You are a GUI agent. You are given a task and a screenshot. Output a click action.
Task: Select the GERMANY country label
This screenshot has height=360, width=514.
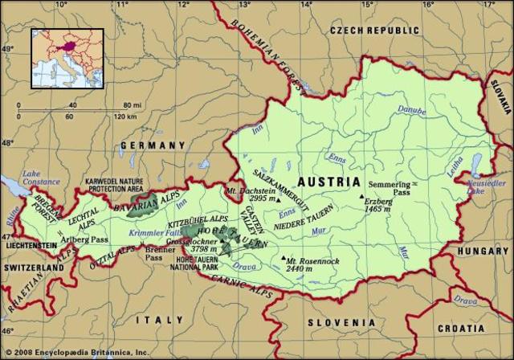click(153, 145)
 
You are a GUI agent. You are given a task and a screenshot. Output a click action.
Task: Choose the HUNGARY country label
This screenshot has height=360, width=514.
click(483, 251)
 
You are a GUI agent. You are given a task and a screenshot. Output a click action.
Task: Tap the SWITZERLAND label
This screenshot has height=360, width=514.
click(32, 266)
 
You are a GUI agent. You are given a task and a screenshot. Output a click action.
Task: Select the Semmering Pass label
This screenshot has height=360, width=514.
click(388, 190)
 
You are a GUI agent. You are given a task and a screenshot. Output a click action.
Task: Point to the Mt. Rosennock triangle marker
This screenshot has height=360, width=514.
click(280, 259)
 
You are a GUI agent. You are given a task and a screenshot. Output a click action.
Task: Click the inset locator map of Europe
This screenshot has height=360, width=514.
click(67, 58)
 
